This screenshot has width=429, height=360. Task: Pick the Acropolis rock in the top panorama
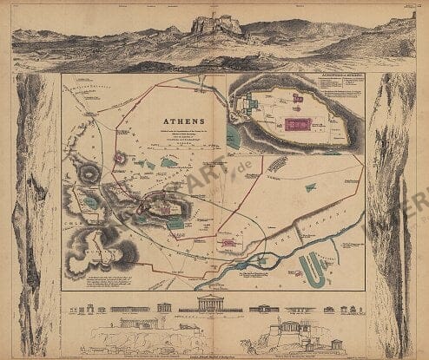pyautogui.click(x=216, y=24)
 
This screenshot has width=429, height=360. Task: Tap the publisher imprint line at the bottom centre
pyautogui.click(x=214, y=356)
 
